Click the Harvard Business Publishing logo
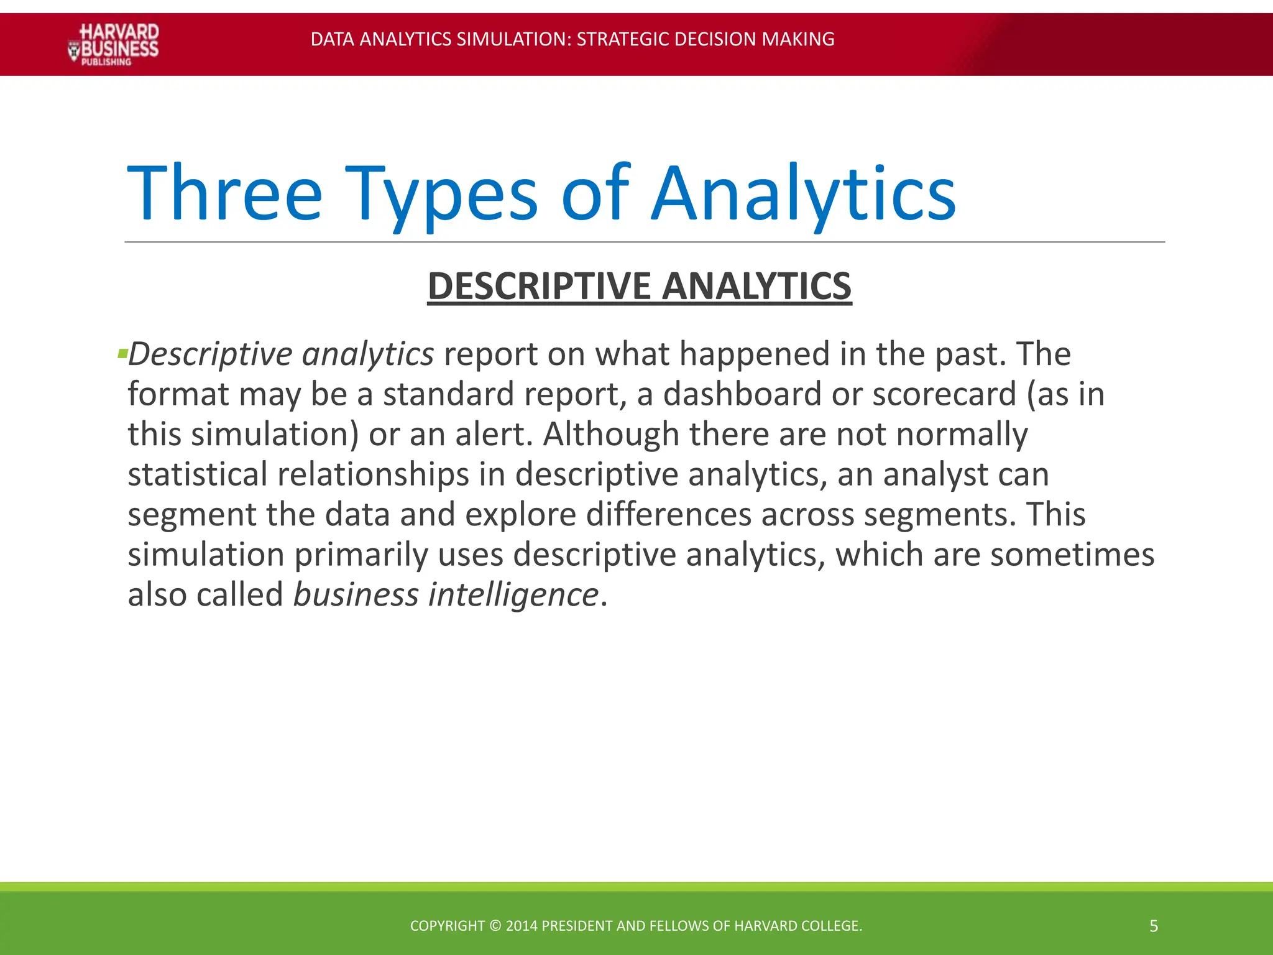(113, 44)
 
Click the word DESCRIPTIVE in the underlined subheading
(539, 286)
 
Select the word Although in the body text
(611, 434)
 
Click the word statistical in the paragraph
(197, 474)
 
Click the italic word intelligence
(513, 594)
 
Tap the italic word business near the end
(356, 594)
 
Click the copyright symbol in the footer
(495, 926)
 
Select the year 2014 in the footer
(522, 926)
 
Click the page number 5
(1154, 926)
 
